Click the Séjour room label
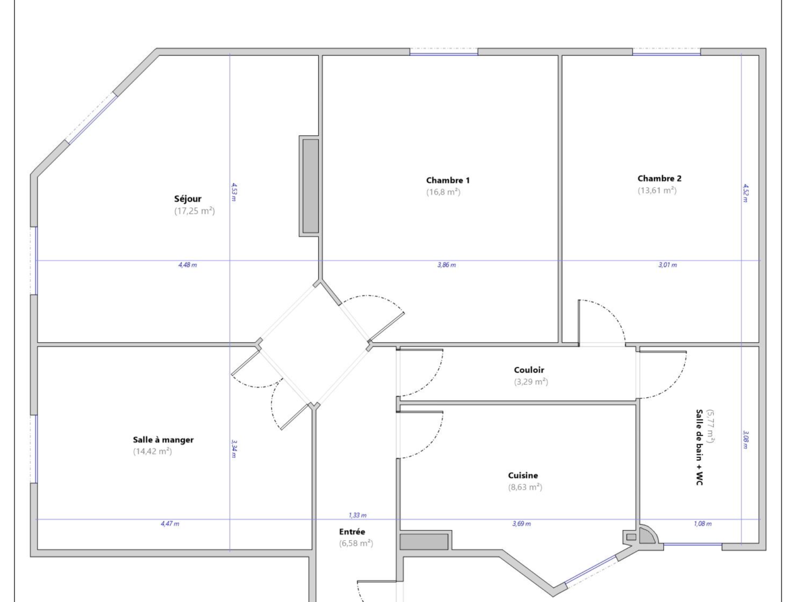(x=188, y=199)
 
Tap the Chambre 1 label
(x=448, y=180)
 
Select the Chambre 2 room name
(x=659, y=178)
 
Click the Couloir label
(x=529, y=370)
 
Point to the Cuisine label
(x=523, y=475)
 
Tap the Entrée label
(x=352, y=532)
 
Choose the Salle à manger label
(x=163, y=440)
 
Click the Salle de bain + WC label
(x=699, y=447)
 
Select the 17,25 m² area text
(x=194, y=211)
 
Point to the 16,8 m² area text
(x=443, y=192)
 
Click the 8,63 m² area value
(x=525, y=487)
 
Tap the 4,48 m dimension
(x=187, y=265)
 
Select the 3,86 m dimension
(x=447, y=265)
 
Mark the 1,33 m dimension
(x=357, y=515)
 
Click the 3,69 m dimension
(x=522, y=524)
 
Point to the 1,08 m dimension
(x=703, y=524)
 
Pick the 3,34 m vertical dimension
(x=234, y=449)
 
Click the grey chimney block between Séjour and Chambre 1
(x=310, y=185)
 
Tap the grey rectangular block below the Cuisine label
(x=424, y=542)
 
